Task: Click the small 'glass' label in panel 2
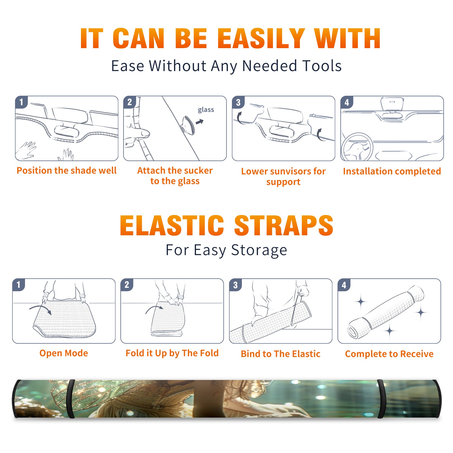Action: [206, 110]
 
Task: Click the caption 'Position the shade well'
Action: [67, 170]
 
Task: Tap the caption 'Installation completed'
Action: [392, 171]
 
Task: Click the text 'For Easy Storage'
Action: [226, 250]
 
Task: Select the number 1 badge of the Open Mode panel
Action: [19, 285]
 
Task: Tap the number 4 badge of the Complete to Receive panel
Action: [344, 285]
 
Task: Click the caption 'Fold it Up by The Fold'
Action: [172, 353]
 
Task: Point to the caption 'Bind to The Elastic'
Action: [281, 354]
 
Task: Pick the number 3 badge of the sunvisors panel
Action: [238, 102]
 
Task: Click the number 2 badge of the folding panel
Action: [127, 285]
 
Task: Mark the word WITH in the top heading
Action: [347, 39]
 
